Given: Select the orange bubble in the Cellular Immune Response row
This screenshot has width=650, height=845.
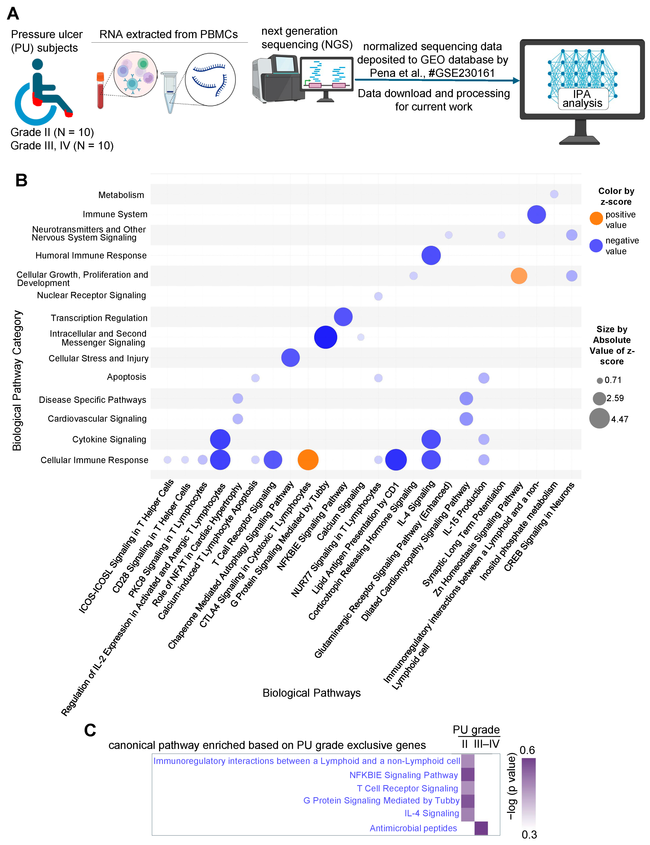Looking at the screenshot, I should (x=308, y=460).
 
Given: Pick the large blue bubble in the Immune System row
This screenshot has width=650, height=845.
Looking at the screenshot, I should (x=536, y=214).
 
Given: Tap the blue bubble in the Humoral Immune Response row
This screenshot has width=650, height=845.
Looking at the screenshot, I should (x=431, y=255).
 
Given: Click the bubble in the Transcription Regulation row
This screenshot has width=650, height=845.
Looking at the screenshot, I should (x=343, y=317).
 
